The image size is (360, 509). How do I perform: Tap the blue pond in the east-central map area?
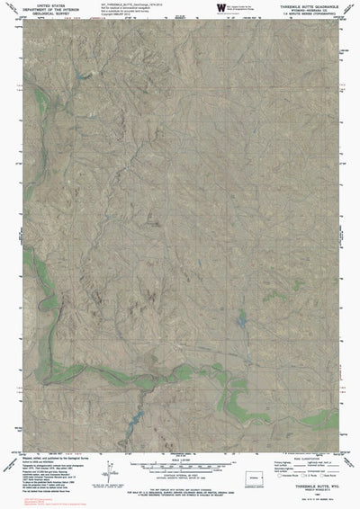click(x=241, y=319)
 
